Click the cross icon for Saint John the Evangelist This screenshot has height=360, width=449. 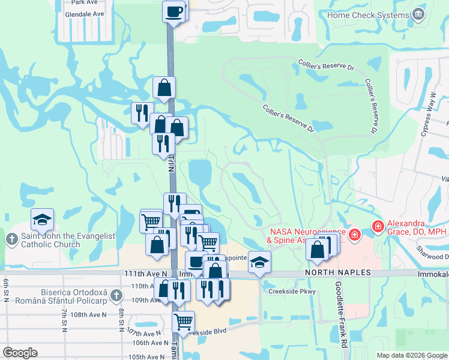[13, 240]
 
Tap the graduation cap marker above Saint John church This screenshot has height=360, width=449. [42, 220]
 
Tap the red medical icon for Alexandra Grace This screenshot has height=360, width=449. [378, 226]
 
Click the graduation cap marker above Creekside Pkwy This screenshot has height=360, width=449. [259, 262]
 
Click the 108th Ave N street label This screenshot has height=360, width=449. [88, 314]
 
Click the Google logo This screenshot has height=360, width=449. [20, 353]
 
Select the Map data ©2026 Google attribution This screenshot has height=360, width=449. [411, 355]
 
